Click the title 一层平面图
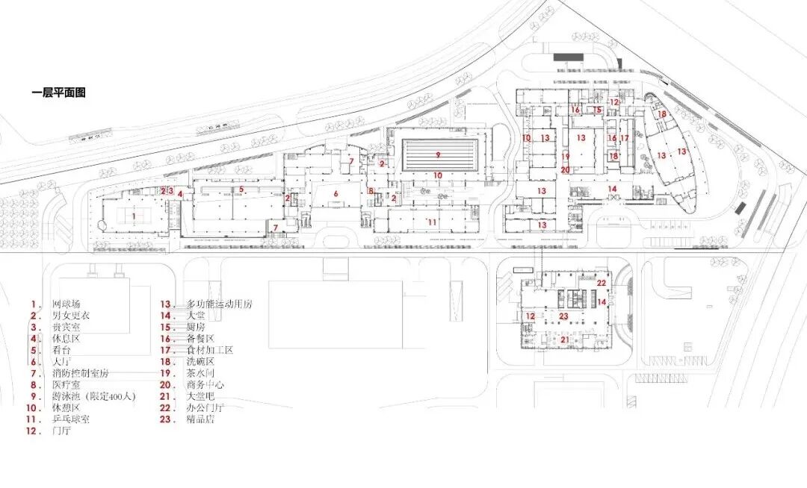pyautogui.click(x=58, y=93)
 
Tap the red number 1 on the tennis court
pyautogui.click(x=134, y=216)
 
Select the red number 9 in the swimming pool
pyautogui.click(x=439, y=155)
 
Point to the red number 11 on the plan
pyautogui.click(x=431, y=222)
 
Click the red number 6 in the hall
pyautogui.click(x=336, y=193)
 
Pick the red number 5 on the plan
pyautogui.click(x=241, y=190)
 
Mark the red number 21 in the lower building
pyautogui.click(x=565, y=340)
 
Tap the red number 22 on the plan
pyautogui.click(x=602, y=283)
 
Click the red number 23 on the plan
pyautogui.click(x=564, y=316)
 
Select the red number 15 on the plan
pyautogui.click(x=597, y=110)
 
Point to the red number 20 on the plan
pyautogui.click(x=566, y=170)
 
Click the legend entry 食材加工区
pyautogui.click(x=210, y=350)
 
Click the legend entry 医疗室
pyautogui.click(x=67, y=385)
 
